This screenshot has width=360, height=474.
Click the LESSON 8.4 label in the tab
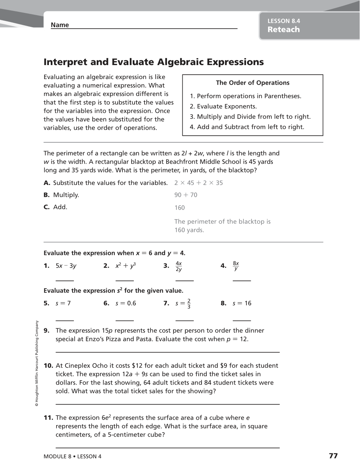click(x=284, y=21)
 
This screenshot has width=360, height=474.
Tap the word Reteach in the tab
click(x=284, y=30)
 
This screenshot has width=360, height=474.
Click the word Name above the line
click(x=60, y=25)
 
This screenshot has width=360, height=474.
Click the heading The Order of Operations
click(x=253, y=83)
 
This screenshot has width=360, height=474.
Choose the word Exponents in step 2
click(x=241, y=107)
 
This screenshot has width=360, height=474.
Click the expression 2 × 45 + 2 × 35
click(x=199, y=183)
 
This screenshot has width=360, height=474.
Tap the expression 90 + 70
click(x=186, y=195)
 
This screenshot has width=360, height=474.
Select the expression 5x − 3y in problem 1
click(x=66, y=266)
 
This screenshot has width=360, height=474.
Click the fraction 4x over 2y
click(x=179, y=266)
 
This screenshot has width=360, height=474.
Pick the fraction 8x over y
click(x=236, y=266)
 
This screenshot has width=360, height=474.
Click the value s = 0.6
click(x=126, y=303)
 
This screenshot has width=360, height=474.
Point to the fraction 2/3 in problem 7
click(x=189, y=304)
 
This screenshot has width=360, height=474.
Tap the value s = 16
click(x=242, y=303)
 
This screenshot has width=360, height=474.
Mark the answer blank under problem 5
click(x=65, y=320)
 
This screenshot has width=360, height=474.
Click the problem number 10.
click(x=49, y=366)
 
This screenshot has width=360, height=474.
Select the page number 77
click(x=333, y=456)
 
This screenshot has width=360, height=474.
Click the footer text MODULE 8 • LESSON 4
click(x=72, y=457)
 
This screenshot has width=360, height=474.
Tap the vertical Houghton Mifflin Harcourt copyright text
click(x=37, y=363)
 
